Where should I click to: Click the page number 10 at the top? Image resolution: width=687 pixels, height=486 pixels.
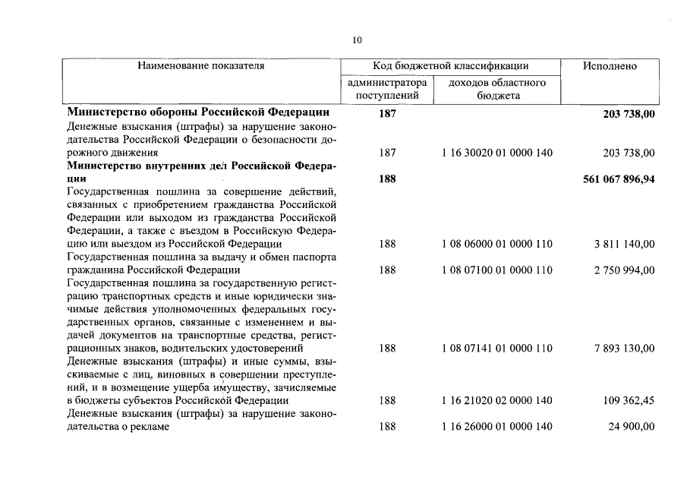[358, 40]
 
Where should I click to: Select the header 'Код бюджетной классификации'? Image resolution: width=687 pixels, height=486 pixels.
[451, 66]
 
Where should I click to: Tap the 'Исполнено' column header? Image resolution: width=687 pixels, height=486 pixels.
[610, 66]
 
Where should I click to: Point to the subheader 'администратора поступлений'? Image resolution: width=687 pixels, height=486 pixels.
[387, 89]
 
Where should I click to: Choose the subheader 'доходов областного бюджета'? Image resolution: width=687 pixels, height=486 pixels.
[497, 89]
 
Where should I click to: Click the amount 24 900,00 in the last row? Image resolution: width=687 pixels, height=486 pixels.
[631, 427]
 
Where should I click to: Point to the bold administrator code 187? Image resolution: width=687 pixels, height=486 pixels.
[387, 112]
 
